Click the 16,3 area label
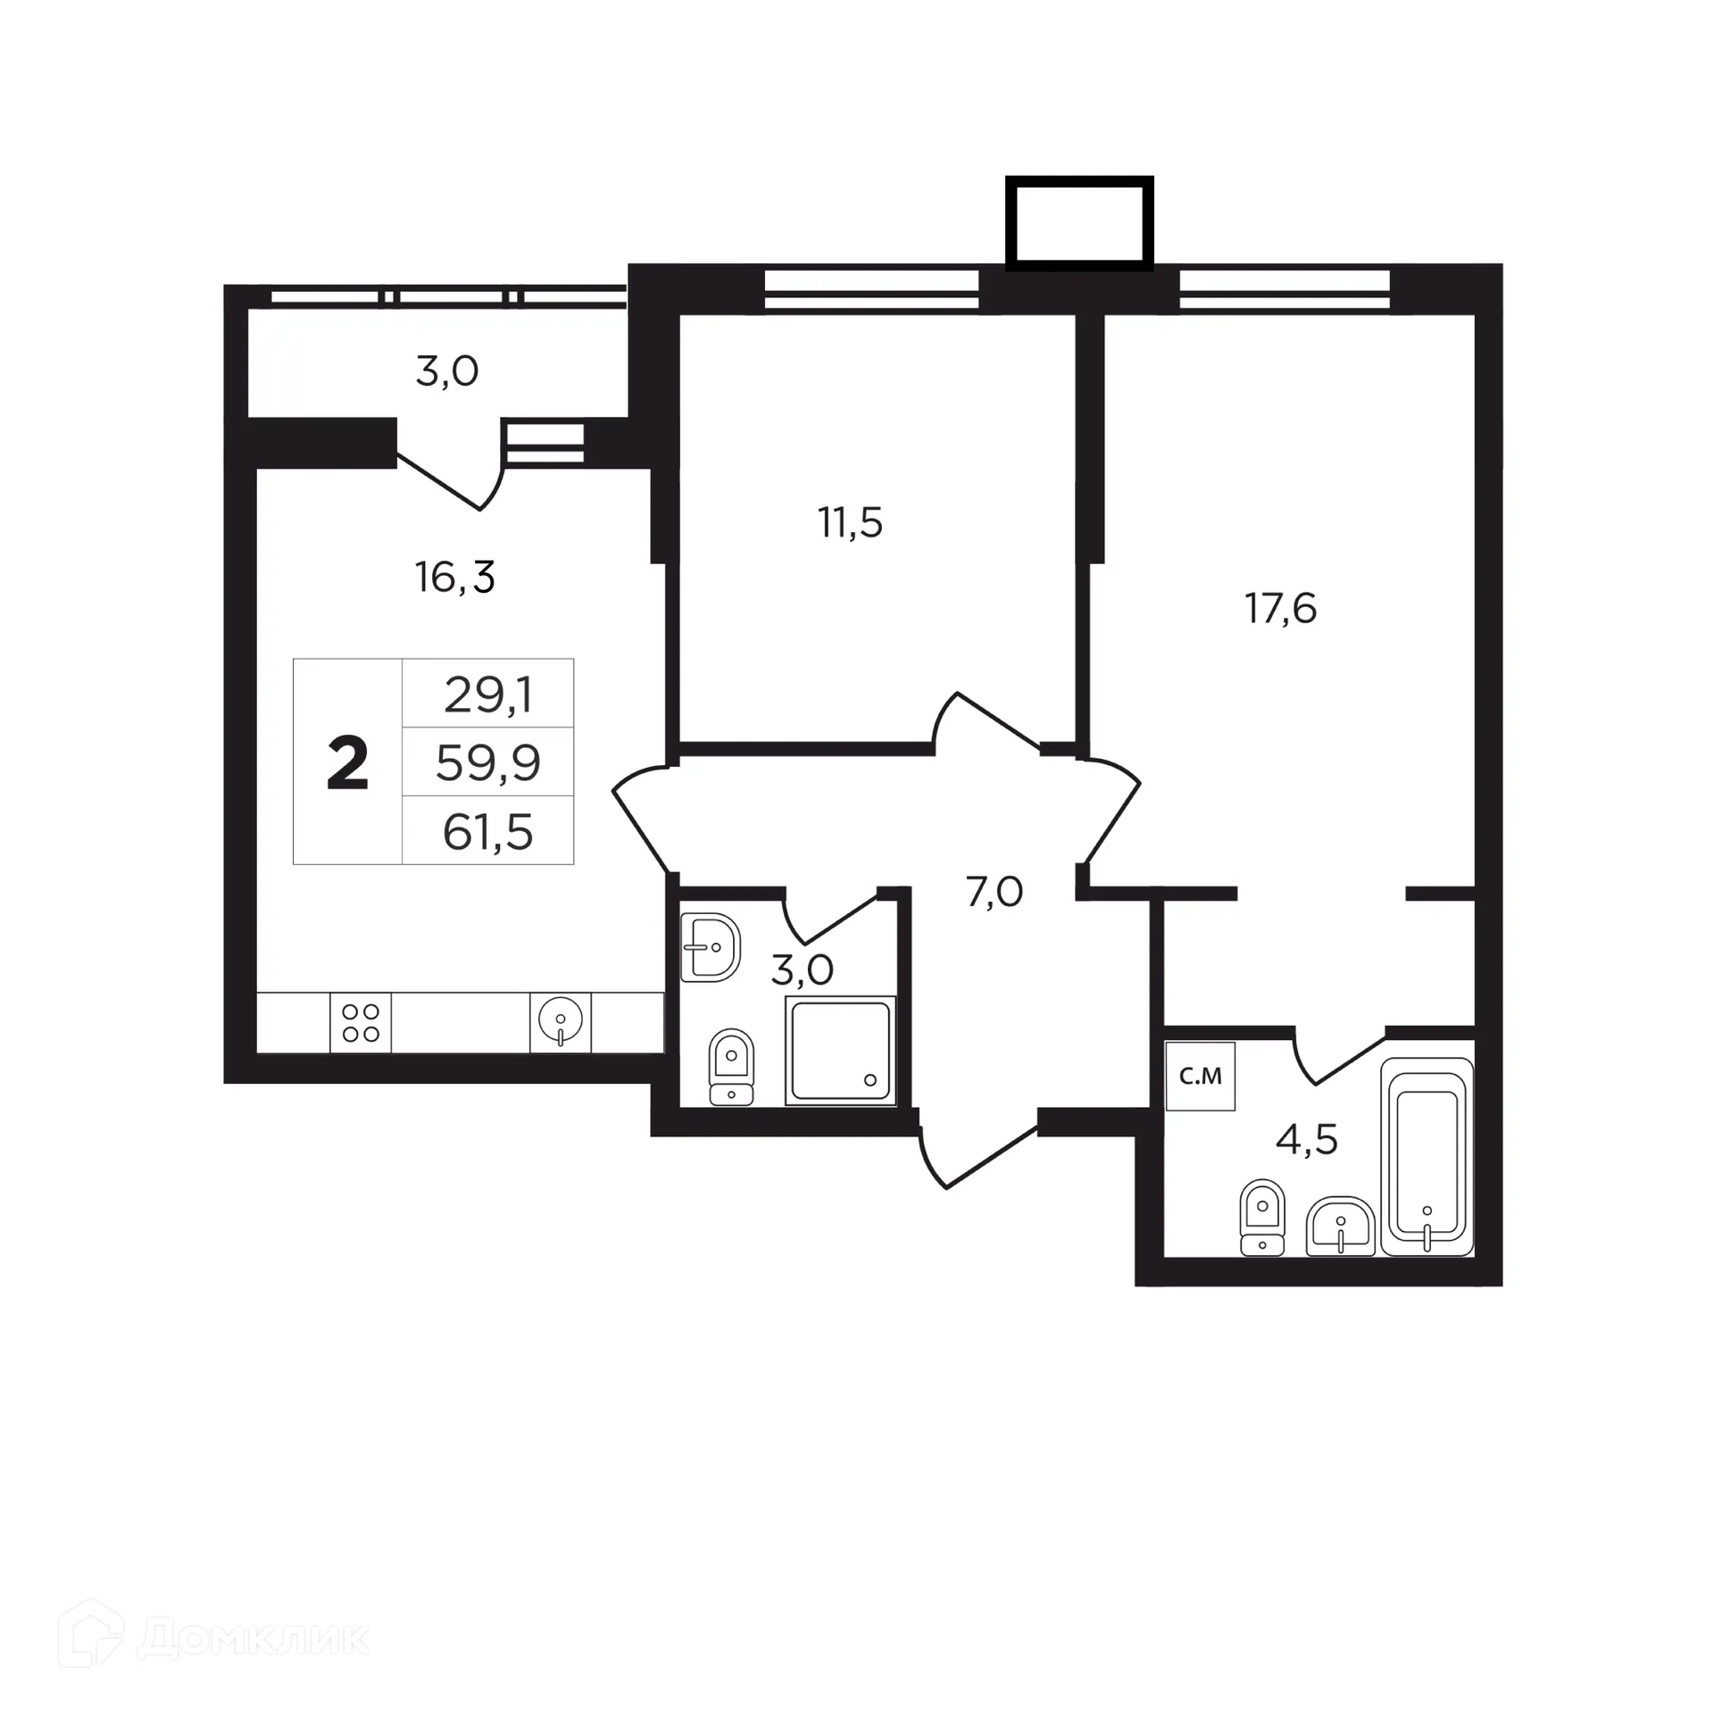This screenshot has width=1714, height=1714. point(454,578)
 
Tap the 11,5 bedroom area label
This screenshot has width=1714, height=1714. point(850,523)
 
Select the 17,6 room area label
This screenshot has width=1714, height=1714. point(1280,609)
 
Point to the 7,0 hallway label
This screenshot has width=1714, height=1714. point(994,892)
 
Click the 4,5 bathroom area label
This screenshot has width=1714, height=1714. point(1306,1140)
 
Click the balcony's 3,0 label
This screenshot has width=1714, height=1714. point(446,371)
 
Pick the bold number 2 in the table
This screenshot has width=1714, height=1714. point(347,764)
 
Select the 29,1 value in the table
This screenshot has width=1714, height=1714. point(488,695)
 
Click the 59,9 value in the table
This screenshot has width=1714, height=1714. point(488,763)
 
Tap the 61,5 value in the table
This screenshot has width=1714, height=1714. point(488,832)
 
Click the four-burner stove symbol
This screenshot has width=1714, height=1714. point(361,1023)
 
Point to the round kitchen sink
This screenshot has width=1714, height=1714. point(561,1020)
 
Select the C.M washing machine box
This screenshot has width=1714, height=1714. point(1200,1077)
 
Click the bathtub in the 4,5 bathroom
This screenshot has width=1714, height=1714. point(1427,1157)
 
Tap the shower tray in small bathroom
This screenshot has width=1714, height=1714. point(840,1050)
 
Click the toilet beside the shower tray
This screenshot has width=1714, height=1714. point(731,1067)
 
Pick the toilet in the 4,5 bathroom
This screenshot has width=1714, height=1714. point(1261,1218)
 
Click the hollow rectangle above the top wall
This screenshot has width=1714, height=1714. point(1079,222)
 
